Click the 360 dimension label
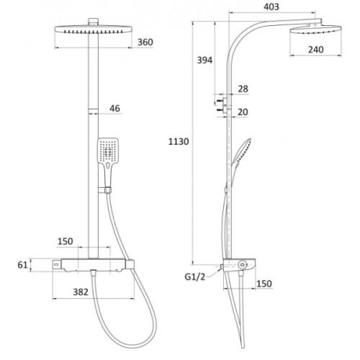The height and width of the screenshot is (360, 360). pyautogui.click(x=145, y=42)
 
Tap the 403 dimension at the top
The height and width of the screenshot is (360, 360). pyautogui.click(x=271, y=6)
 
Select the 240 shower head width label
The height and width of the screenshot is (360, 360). pyautogui.click(x=316, y=50)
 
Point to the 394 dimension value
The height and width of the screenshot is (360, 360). pyautogui.click(x=204, y=60)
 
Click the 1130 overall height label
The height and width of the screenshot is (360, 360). pyautogui.click(x=179, y=142)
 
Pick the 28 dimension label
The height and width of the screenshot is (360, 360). pyautogui.click(x=243, y=89)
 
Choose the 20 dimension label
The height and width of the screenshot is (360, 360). pyautogui.click(x=243, y=112)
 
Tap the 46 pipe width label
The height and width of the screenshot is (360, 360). pyautogui.click(x=114, y=109)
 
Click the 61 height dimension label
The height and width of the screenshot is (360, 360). pyautogui.click(x=22, y=265)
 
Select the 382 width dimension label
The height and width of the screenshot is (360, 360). pyautogui.click(x=81, y=292)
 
